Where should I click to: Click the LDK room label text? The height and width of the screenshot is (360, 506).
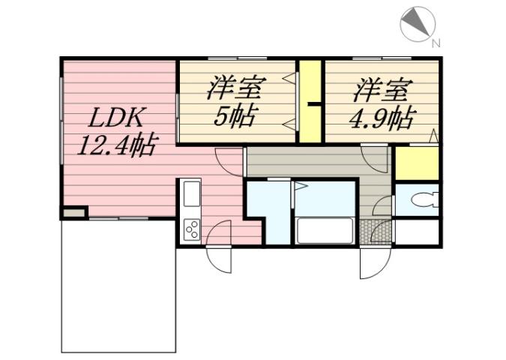tap(118, 118)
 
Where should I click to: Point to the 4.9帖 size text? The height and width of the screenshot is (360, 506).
tap(382, 118)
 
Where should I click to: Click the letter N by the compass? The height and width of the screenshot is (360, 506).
tap(436, 43)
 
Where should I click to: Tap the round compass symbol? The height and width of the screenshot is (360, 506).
tap(416, 25)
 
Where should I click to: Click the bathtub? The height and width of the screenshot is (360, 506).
tap(326, 229)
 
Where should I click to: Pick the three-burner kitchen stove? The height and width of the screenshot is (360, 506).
tap(190, 228)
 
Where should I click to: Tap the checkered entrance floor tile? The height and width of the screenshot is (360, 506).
tap(375, 232)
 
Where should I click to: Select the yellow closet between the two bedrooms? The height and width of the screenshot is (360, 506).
tap(310, 101)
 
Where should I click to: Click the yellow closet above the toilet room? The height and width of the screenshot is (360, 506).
tap(416, 164)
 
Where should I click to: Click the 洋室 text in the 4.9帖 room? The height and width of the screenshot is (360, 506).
tap(382, 91)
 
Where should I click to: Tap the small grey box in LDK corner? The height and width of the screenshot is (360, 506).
tap(73, 214)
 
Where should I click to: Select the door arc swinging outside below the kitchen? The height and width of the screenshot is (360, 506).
tap(219, 259)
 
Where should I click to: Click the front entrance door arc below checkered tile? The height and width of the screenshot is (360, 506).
tap(373, 263)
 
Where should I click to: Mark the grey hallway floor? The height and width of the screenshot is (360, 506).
tap(315, 162)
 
